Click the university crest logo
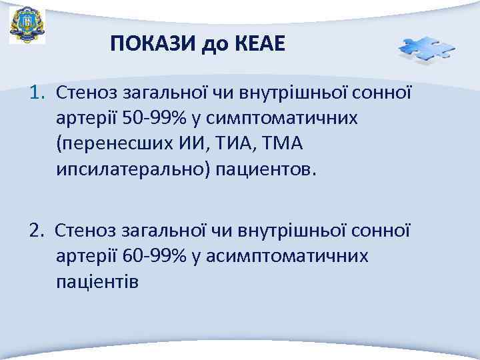[x=27, y=25]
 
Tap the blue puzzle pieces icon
[x=425, y=49]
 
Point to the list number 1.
[x=36, y=90]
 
